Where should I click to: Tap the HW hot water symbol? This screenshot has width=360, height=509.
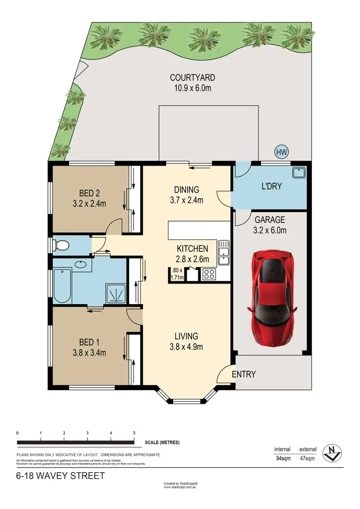click(281, 153)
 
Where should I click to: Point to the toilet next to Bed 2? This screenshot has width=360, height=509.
click(62, 246)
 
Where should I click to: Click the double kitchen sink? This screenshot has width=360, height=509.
click(223, 253)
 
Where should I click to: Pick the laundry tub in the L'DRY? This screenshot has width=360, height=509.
click(299, 172)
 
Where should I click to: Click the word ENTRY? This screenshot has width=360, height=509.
click(243, 374)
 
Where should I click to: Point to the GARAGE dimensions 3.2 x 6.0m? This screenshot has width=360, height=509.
click(270, 230)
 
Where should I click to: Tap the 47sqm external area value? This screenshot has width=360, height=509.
click(308, 459)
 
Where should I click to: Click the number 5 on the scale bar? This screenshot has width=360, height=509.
click(134, 433)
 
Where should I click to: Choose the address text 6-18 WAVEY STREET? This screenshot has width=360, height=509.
click(54, 476)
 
